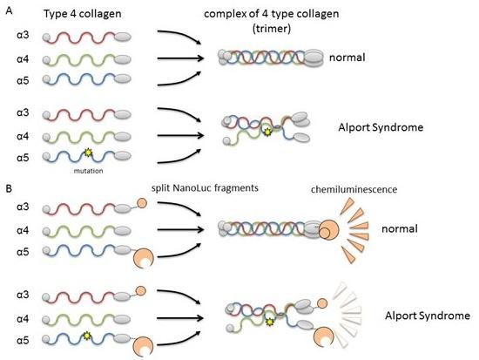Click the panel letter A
8,9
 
